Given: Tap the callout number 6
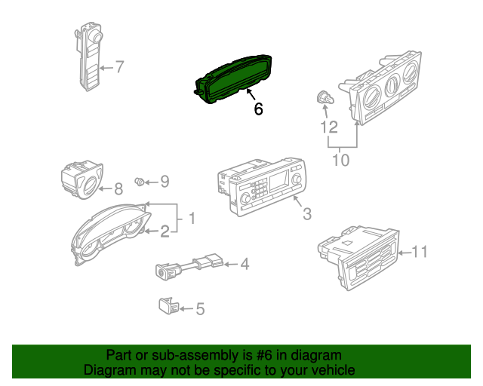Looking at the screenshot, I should [258, 109].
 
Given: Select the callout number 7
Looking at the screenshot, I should [119, 67].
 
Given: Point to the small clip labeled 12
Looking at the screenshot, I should [325, 99].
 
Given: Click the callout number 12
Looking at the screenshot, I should [329, 127].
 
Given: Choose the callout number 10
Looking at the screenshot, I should [341, 160].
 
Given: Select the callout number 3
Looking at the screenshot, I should [307, 215].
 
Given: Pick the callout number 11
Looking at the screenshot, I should [420, 252].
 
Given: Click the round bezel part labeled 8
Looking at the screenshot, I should [82, 181].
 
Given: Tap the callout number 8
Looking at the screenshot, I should [118, 189].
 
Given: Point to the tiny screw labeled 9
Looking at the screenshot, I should [139, 181].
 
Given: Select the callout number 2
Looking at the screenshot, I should [165, 231].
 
